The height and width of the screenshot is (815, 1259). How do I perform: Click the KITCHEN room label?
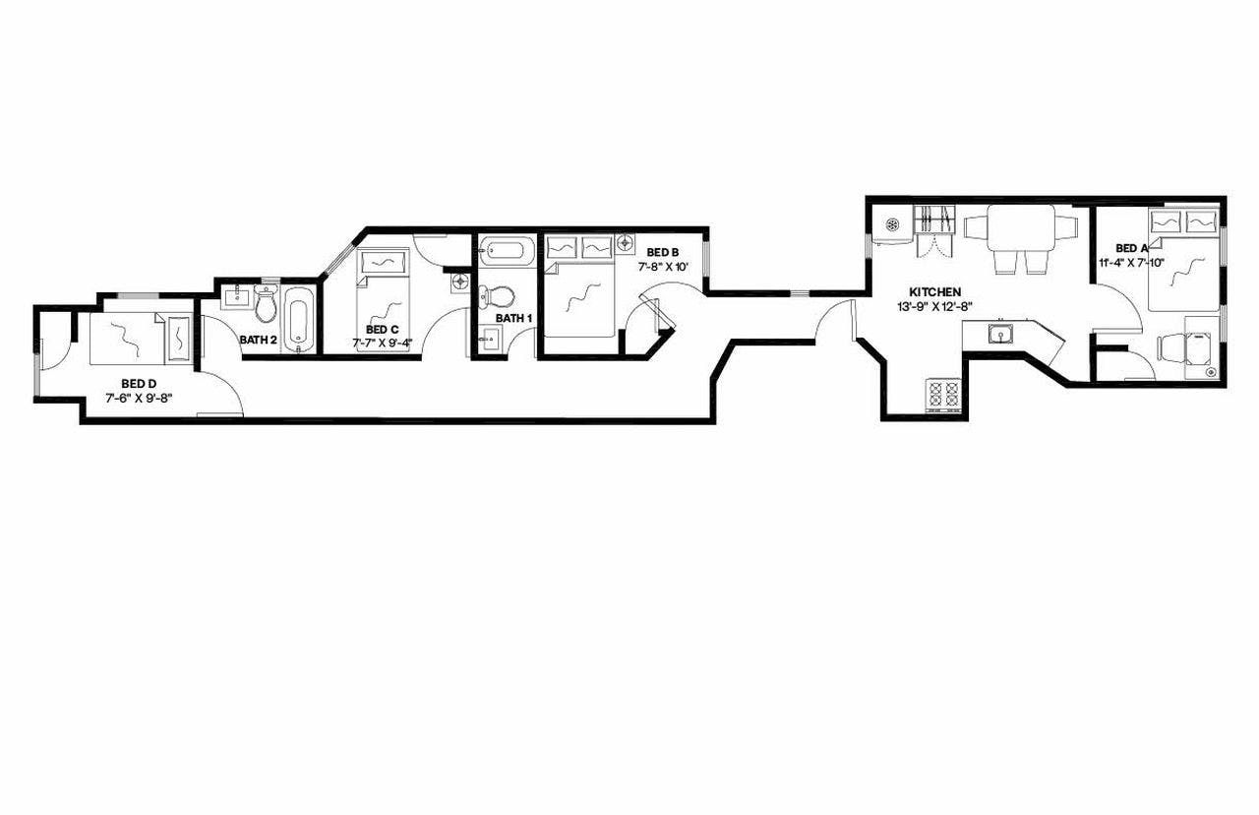[934, 292]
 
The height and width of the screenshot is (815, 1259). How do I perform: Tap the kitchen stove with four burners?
[942, 395]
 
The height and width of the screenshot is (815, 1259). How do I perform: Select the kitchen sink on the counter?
[1000, 335]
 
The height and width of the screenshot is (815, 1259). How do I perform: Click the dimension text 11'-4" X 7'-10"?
[1131, 263]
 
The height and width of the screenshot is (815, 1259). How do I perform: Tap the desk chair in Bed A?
[1172, 348]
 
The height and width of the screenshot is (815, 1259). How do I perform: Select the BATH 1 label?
[513, 319]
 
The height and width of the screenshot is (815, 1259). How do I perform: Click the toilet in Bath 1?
[501, 295]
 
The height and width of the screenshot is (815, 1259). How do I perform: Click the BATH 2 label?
[258, 341]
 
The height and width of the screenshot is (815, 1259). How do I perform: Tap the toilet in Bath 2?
[266, 305]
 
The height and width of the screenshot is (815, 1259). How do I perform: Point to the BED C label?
[382, 330]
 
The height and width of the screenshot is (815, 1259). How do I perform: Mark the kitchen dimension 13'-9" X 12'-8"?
[934, 306]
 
